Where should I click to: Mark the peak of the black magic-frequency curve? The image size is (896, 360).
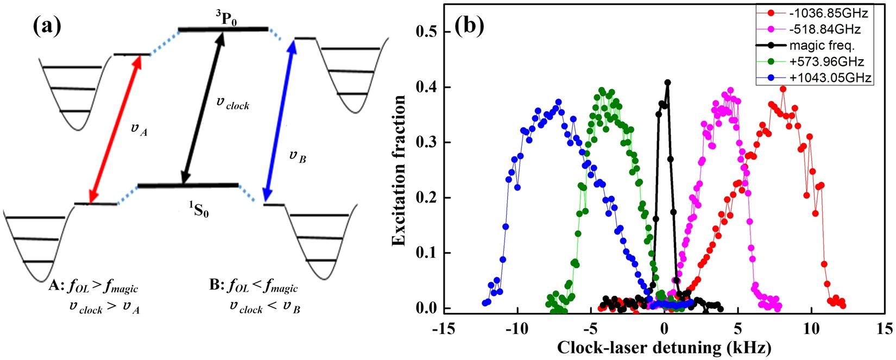(x=667, y=83)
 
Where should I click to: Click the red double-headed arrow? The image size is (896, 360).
(x=115, y=128)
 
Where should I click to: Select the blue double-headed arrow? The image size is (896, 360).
(x=279, y=121)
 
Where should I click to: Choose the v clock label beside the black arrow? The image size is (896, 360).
(x=232, y=103)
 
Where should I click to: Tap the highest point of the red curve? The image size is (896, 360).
(x=783, y=89)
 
